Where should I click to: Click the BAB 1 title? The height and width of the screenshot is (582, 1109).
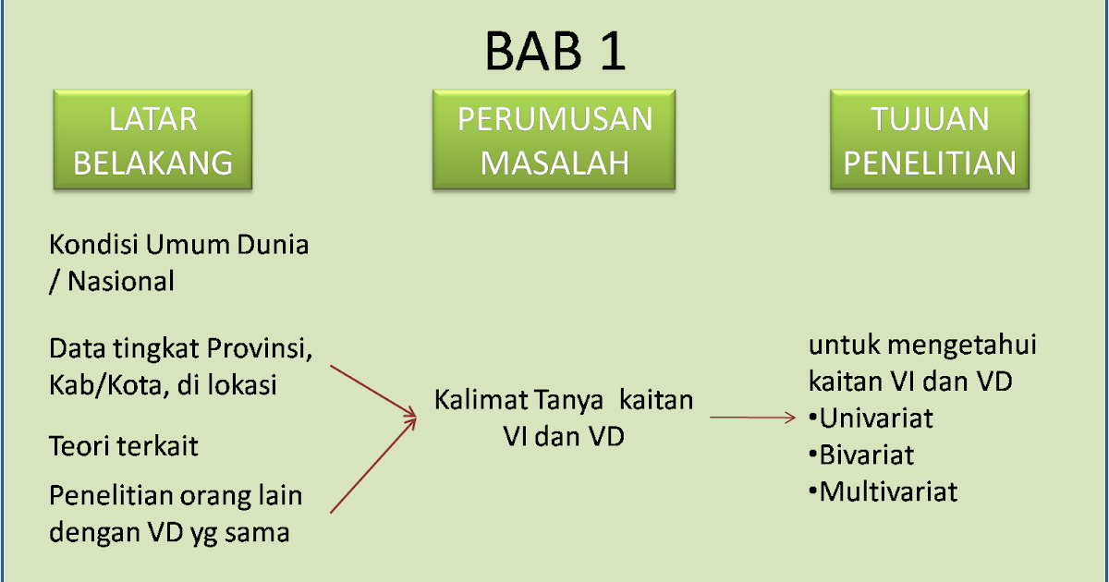point(555,52)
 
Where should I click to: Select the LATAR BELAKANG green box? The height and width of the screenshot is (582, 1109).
point(153,139)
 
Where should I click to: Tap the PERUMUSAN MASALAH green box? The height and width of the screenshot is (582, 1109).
point(554,139)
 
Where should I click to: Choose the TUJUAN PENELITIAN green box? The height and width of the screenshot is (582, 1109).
point(930,139)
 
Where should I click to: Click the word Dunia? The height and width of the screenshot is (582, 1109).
point(273,245)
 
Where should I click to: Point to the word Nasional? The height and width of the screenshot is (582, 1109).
point(121,282)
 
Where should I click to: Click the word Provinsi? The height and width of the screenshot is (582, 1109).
point(260,349)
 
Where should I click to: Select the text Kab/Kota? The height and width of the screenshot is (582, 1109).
point(106,385)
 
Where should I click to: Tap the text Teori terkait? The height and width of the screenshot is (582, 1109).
point(124,446)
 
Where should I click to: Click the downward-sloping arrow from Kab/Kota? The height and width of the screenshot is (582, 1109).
point(373,391)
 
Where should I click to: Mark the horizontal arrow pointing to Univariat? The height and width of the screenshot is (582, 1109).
point(752,418)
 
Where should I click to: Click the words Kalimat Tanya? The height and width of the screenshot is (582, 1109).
point(518,400)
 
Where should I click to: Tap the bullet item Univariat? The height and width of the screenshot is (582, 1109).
point(871,418)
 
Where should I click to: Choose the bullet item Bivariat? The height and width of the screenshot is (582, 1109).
point(861,455)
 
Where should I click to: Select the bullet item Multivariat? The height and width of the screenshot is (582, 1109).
point(883,491)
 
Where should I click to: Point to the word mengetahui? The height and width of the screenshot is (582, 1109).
point(962,346)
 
